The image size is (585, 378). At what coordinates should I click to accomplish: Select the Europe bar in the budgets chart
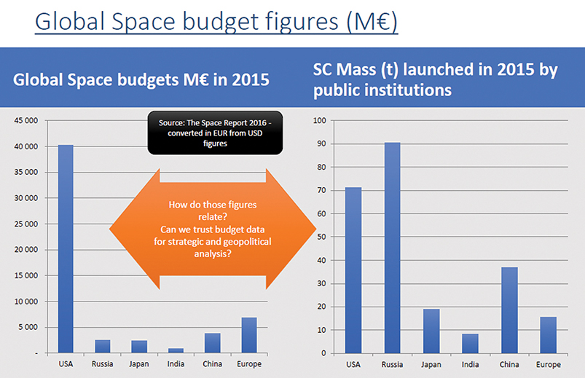point(249,335)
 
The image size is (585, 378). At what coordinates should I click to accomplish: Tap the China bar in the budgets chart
point(212,343)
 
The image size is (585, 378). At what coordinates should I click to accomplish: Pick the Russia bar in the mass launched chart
point(391,248)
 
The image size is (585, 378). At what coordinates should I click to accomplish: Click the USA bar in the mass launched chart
point(353,270)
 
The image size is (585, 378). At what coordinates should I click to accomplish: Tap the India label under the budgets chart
point(176,364)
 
